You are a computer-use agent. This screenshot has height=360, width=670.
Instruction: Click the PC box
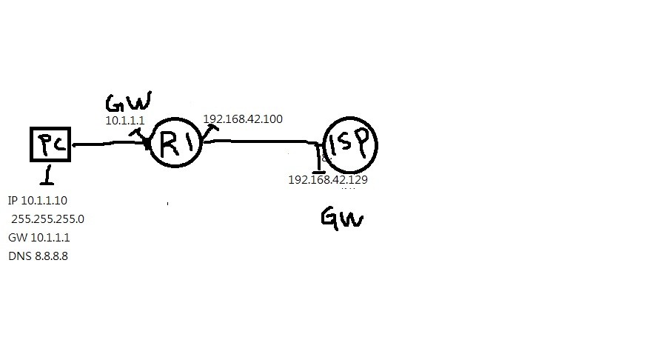[x=50, y=144]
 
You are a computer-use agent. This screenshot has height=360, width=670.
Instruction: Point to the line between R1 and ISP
[x=259, y=140]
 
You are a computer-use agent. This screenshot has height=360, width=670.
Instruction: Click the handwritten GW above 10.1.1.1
[x=127, y=102]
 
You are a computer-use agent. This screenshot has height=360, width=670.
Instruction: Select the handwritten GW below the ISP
[x=342, y=218]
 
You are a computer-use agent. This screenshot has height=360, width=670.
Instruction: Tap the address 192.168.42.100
[x=243, y=119]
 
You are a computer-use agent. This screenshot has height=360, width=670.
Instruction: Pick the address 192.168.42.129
[x=328, y=179]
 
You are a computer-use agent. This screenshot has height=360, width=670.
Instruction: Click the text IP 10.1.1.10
[x=38, y=201]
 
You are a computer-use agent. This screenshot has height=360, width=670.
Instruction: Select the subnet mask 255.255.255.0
[x=48, y=219]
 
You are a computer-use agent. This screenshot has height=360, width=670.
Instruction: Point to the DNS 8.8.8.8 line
[x=38, y=256]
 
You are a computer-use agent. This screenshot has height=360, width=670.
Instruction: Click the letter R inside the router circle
[x=168, y=143]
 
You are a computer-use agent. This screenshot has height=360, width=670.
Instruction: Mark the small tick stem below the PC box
[x=48, y=174]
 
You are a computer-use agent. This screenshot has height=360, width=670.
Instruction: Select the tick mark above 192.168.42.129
[x=320, y=158]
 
